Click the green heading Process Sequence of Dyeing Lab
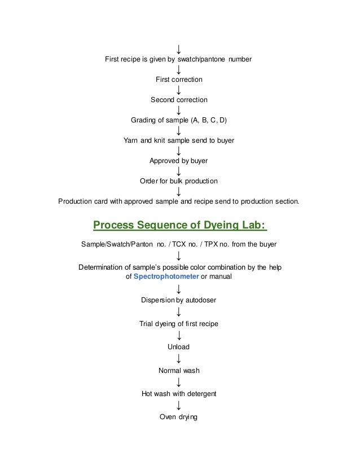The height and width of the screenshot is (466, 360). pos(179,226)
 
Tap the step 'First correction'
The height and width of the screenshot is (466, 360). pos(179,80)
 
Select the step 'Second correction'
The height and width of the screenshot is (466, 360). pos(179,100)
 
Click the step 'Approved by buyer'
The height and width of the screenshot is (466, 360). pos(179,161)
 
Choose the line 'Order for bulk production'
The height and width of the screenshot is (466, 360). pos(179,181)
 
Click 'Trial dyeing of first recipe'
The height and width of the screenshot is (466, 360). pos(179,324)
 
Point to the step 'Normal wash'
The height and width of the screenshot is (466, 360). pos(179,371)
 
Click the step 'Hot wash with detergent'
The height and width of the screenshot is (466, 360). pos(179,393)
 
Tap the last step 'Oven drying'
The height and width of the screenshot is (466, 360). pos(179,417)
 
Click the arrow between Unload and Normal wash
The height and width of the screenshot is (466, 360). pos(179,358)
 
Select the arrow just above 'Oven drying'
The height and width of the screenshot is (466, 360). pos(179,406)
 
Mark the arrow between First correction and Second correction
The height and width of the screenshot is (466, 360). pos(179,90)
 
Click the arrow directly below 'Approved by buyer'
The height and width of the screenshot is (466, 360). pos(179,171)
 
